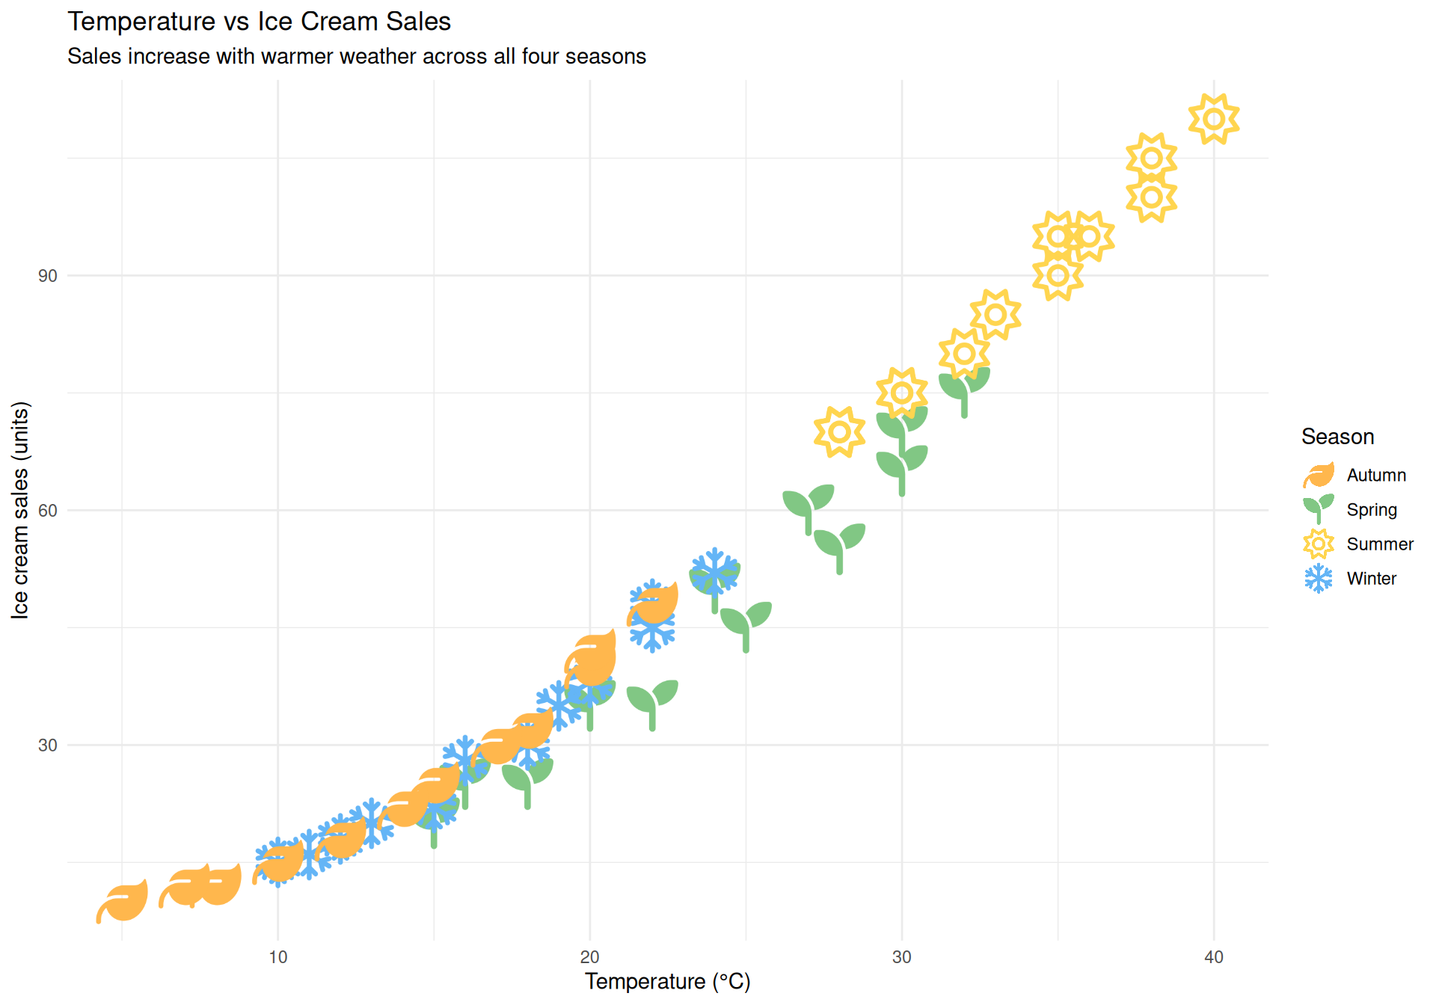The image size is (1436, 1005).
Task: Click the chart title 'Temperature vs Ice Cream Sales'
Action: [259, 22]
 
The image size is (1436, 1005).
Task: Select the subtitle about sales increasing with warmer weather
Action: [356, 57]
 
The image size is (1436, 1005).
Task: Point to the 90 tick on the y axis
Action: [48, 276]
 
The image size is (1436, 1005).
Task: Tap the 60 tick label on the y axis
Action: [48, 511]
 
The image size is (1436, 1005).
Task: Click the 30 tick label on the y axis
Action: [48, 746]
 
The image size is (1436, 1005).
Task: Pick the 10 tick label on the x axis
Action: [278, 957]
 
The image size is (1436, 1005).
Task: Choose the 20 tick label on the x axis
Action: [590, 957]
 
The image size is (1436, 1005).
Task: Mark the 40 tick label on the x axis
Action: [1214, 957]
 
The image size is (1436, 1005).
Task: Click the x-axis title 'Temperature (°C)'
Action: [667, 981]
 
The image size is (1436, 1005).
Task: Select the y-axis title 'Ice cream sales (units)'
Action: [20, 510]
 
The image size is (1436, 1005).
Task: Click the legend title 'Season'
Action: [1337, 437]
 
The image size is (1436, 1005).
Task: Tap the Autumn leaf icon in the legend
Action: [1319, 476]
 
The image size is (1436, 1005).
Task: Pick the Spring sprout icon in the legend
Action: [1319, 508]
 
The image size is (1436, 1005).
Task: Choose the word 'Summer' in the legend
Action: [1380, 544]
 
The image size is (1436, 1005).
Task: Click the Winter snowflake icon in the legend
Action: [1319, 579]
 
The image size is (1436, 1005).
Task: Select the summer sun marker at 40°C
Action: [1214, 119]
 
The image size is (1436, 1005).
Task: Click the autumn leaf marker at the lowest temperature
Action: [123, 901]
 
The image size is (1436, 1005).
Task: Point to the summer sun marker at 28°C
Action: [839, 432]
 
